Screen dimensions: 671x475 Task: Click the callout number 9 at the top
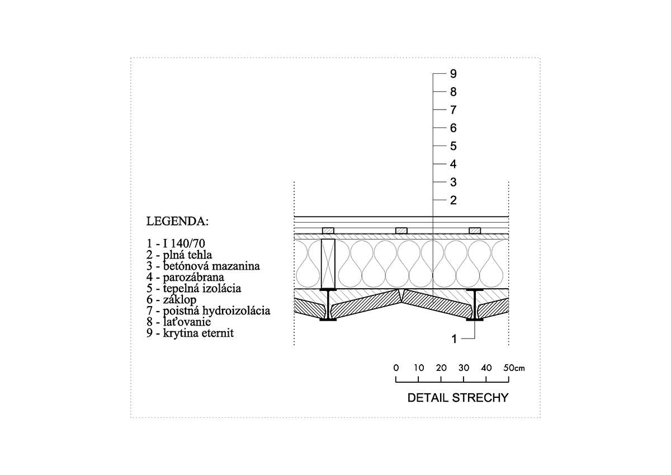click(453, 74)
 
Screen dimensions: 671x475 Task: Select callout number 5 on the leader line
click(453, 146)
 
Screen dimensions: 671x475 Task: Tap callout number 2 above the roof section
click(453, 200)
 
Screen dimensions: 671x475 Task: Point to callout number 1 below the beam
click(454, 339)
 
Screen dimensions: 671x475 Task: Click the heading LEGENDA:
click(177, 222)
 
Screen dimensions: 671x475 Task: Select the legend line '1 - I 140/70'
click(176, 243)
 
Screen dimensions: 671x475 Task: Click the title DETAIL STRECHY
click(458, 398)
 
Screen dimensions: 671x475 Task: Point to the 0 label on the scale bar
click(396, 368)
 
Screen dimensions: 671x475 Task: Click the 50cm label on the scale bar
click(514, 368)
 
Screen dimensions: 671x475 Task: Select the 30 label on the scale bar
click(464, 368)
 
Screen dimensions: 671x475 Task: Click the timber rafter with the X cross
click(328, 264)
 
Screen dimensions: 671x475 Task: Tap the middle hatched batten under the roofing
click(401, 231)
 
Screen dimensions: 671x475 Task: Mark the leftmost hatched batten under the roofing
click(328, 231)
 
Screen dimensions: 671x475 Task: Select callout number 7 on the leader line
click(453, 110)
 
